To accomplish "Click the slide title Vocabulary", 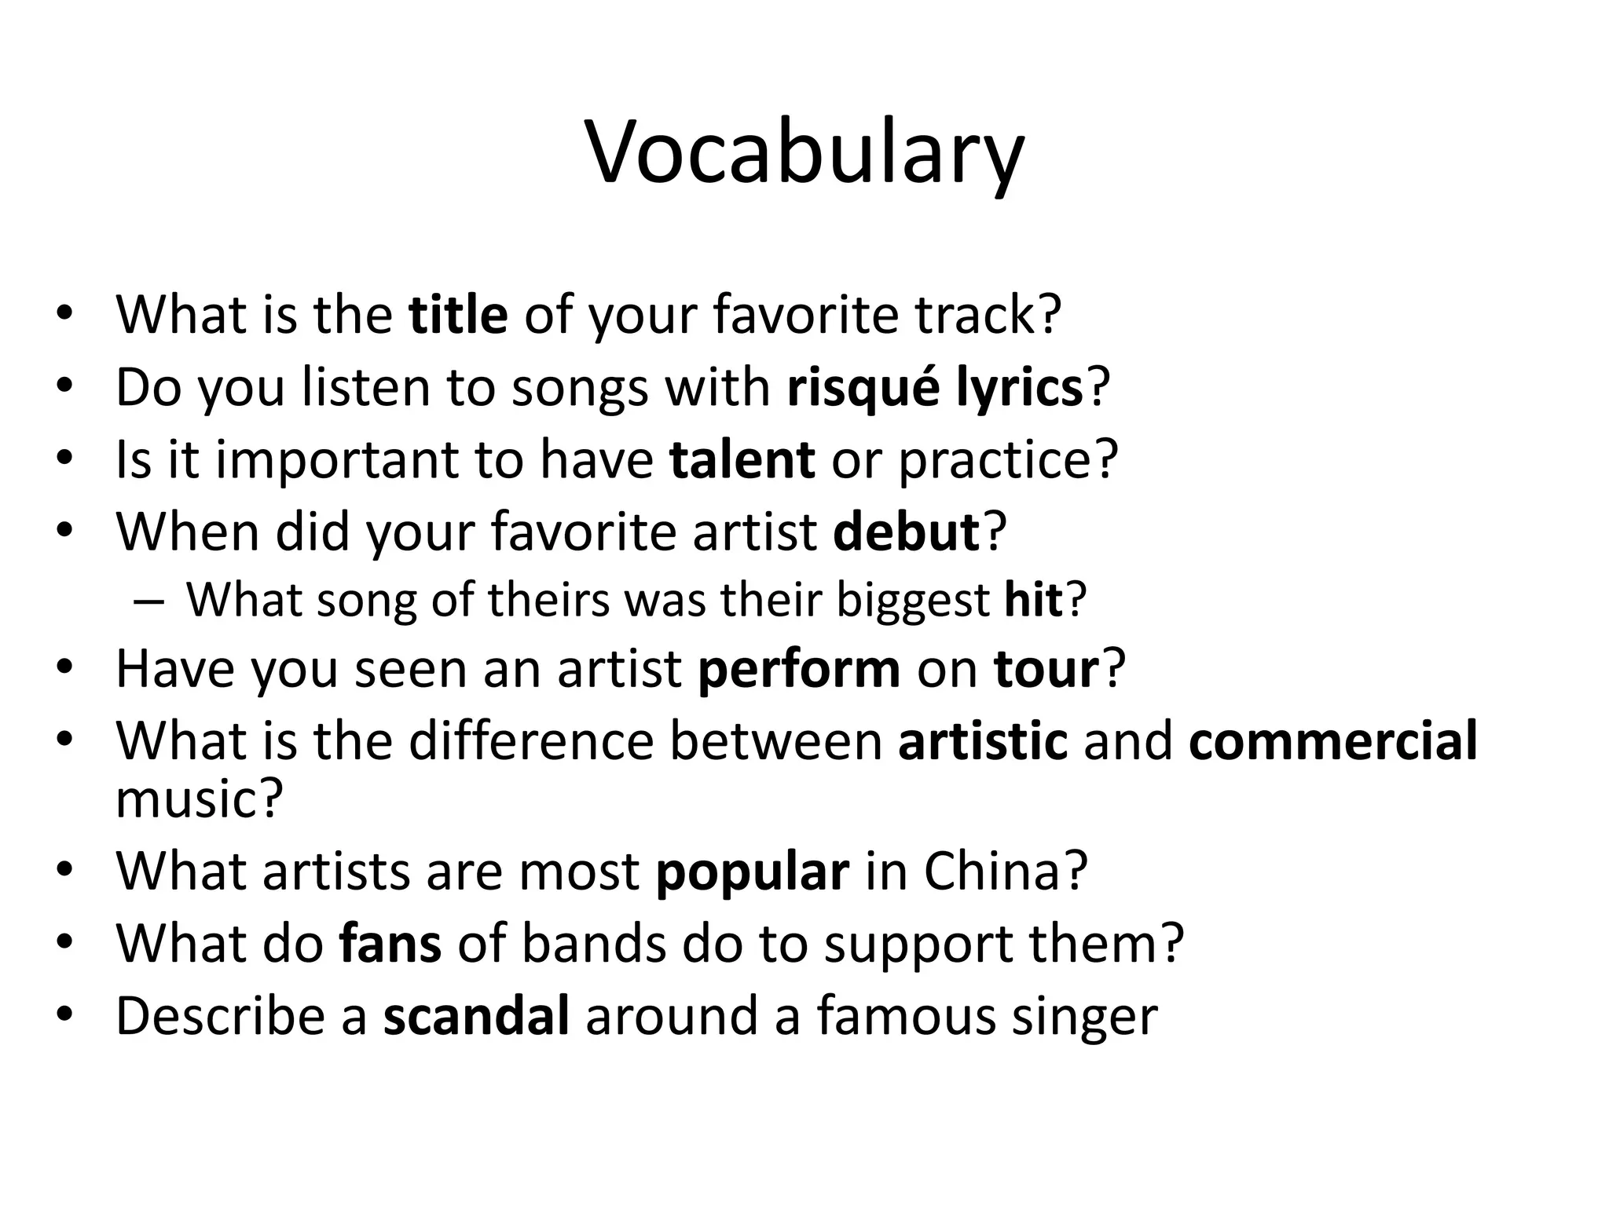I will (x=804, y=153).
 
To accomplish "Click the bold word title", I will (x=458, y=314).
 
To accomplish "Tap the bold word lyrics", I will (x=1019, y=387).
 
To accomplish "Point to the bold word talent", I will (x=742, y=459).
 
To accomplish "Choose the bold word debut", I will (x=906, y=532).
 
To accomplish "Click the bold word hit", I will (x=1033, y=600).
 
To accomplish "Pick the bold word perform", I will (x=799, y=669).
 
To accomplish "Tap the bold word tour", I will (x=1046, y=669).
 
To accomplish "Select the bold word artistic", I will (x=983, y=740).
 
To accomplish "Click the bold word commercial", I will (x=1332, y=740).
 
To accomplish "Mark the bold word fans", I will (x=390, y=942).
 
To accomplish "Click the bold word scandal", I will (x=476, y=1014).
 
